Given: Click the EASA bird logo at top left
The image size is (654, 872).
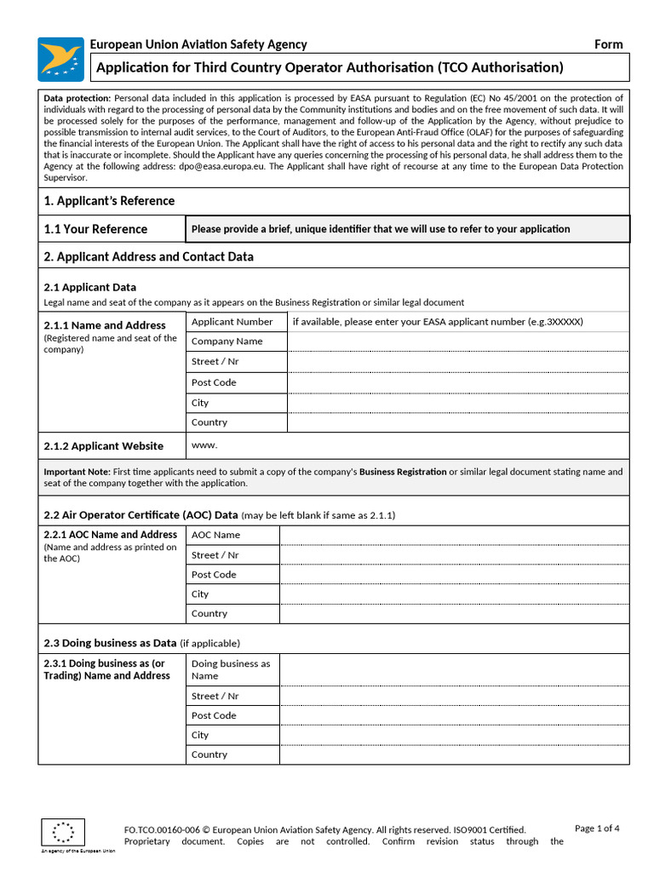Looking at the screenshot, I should [x=60, y=59].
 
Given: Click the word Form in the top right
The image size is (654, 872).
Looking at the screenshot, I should [x=608, y=44].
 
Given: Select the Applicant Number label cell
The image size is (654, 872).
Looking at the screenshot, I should [x=232, y=322].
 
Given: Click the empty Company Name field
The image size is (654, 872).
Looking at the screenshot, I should [x=457, y=341].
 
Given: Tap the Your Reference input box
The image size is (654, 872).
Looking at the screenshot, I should [x=407, y=229].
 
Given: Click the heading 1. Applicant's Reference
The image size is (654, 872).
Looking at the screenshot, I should [x=109, y=201].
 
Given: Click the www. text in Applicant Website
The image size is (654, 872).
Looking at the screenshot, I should [x=204, y=445].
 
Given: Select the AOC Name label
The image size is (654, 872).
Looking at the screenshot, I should [x=215, y=535].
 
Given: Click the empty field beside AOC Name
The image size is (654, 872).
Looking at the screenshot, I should [x=454, y=535].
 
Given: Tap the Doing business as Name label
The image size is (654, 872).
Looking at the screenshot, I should [x=231, y=669].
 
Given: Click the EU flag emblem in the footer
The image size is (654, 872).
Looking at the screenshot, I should [x=63, y=832].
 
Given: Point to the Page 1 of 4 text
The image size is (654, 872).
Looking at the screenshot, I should [x=597, y=829].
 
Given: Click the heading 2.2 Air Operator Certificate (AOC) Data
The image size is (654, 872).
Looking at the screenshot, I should [x=141, y=515].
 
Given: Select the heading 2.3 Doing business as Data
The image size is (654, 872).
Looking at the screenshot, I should [x=110, y=643].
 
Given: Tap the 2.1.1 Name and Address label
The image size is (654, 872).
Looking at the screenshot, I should [x=105, y=325].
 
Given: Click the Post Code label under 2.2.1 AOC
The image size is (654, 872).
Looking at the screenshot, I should [x=214, y=575].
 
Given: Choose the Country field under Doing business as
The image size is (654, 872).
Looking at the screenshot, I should [x=454, y=754].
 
